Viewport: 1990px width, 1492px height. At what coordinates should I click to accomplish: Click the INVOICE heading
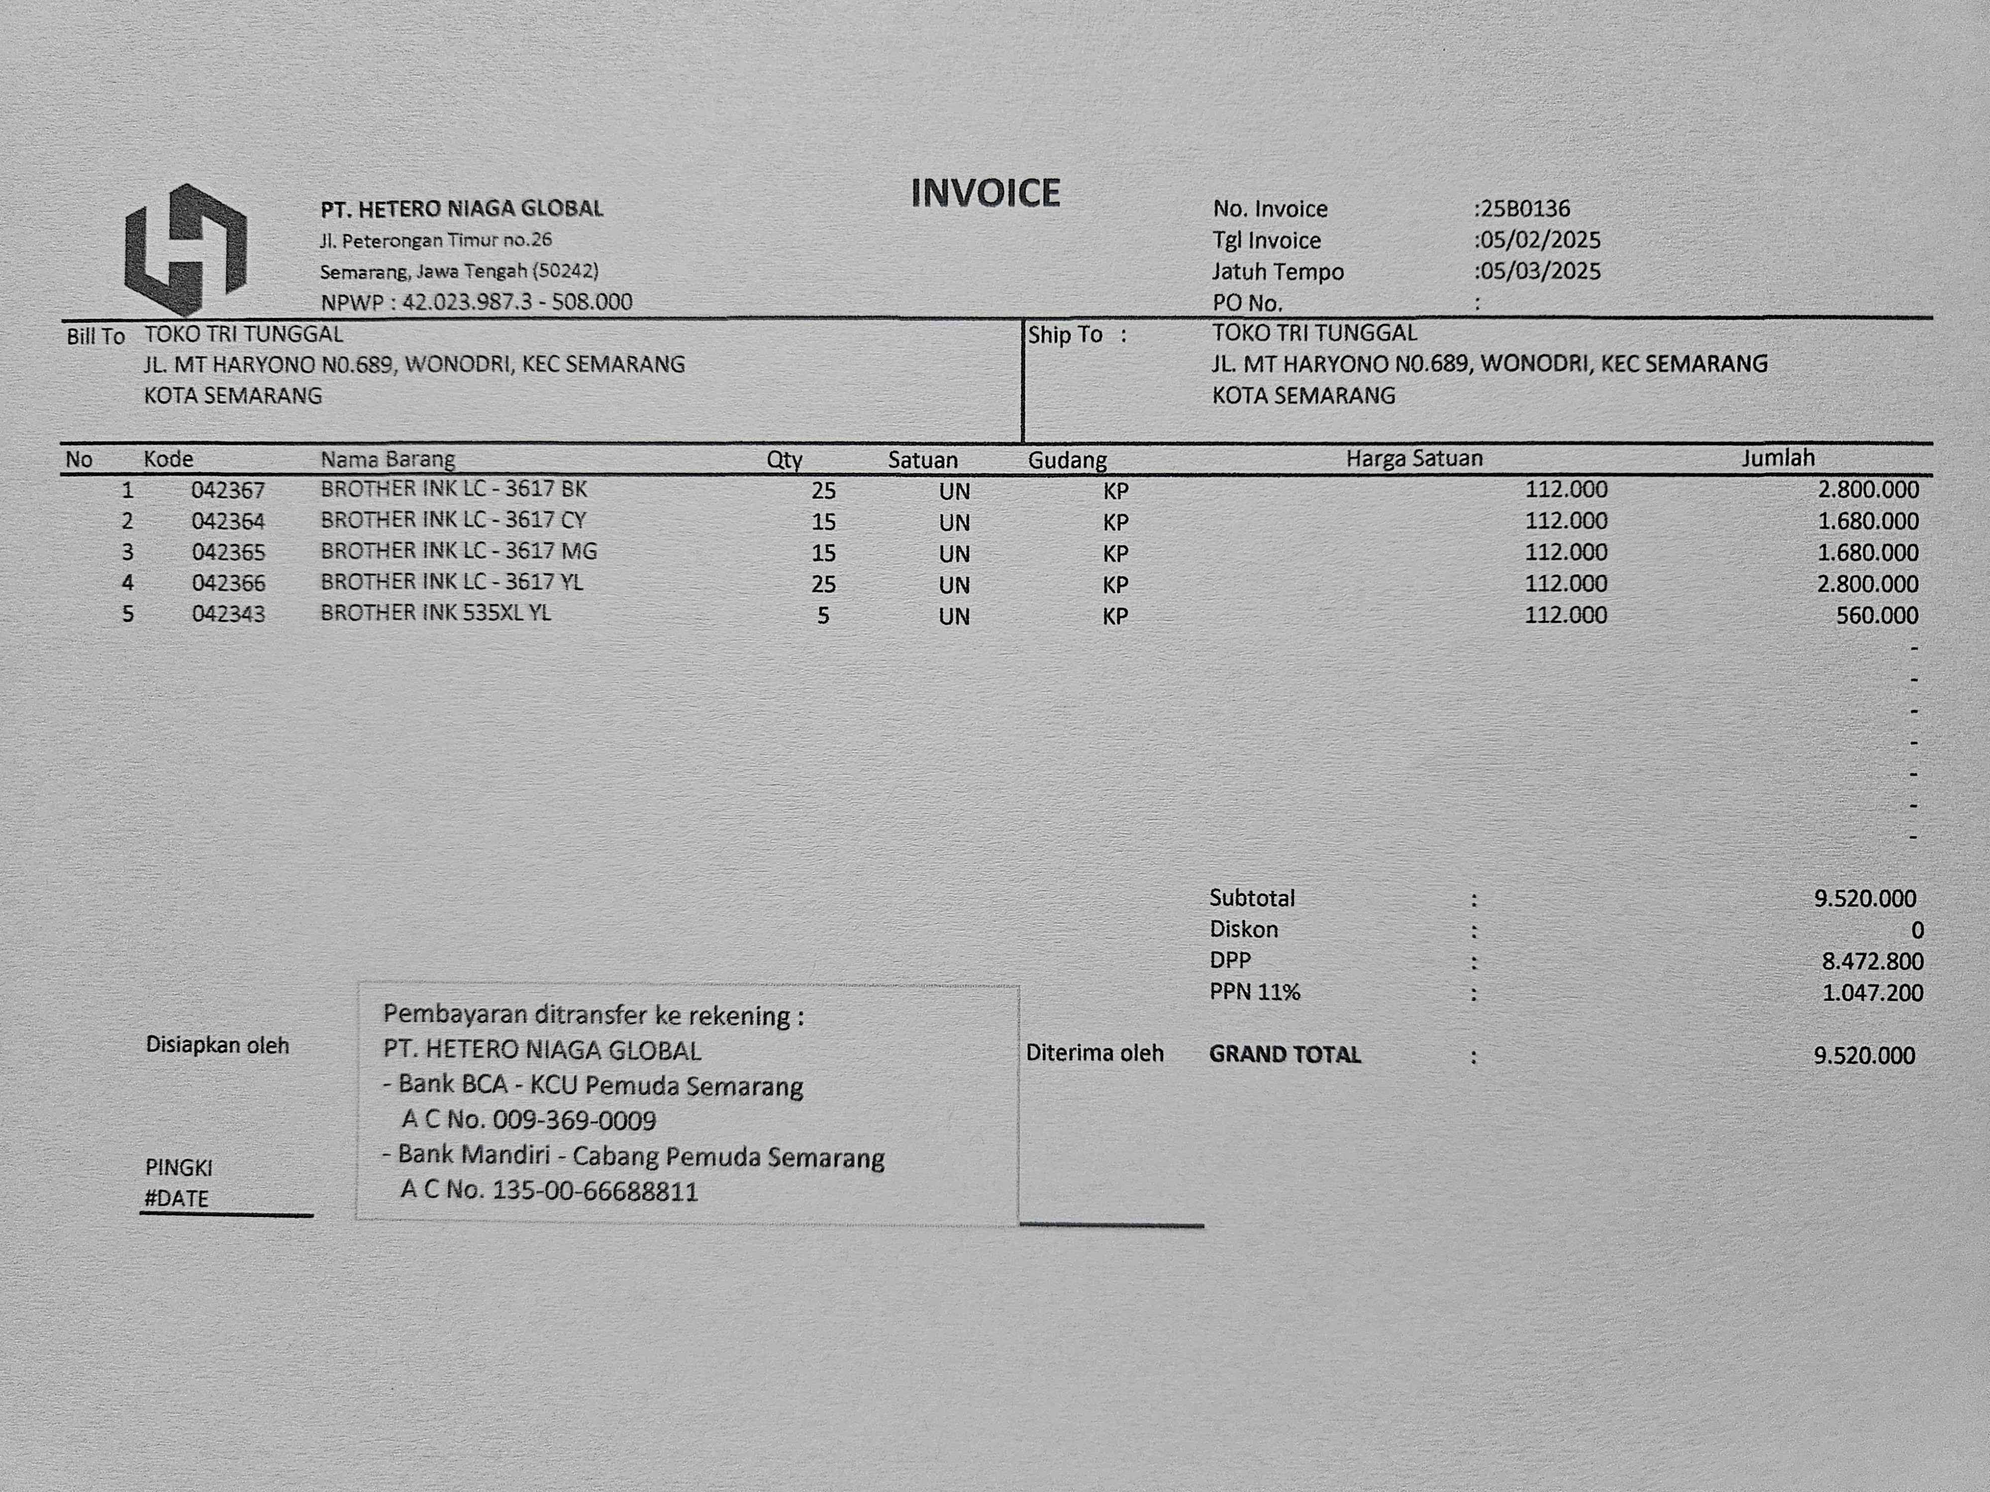[985, 193]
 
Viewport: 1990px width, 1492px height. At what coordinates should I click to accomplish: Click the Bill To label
[96, 336]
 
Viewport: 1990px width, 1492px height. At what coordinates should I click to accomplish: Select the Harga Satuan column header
[1413, 459]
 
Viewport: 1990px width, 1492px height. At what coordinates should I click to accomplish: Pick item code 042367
[228, 490]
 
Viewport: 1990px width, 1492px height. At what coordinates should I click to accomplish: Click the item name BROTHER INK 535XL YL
[435, 613]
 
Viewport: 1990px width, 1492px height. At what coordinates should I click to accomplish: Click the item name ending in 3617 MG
[458, 551]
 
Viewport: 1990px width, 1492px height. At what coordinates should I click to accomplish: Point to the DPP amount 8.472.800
[1872, 961]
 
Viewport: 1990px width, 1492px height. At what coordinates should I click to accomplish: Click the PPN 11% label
[1254, 992]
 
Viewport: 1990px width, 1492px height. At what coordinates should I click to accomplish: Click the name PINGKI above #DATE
[179, 1167]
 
